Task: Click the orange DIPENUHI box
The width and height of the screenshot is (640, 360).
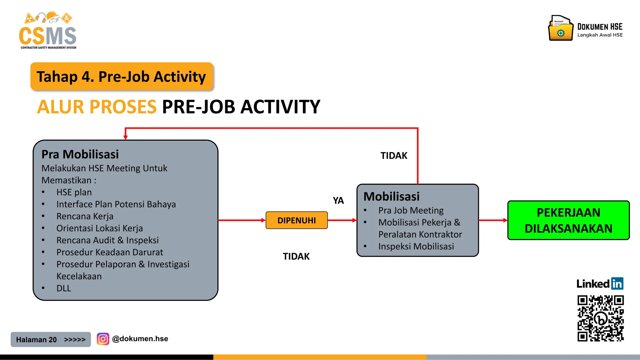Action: pos(297,220)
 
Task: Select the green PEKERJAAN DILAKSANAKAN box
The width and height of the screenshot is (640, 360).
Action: pos(568,220)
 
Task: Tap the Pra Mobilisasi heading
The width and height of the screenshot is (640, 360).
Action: pos(80,154)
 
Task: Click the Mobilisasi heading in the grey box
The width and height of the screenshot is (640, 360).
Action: pos(391,197)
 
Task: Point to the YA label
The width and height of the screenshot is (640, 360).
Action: pos(338,201)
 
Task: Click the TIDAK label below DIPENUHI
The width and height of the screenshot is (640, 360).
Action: pos(296,257)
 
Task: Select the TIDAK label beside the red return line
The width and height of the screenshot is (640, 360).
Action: pos(394,156)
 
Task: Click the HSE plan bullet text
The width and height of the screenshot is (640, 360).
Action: pos(74,192)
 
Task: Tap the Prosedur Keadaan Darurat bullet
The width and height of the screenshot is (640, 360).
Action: pos(110,252)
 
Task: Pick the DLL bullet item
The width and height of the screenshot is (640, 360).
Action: pos(64,288)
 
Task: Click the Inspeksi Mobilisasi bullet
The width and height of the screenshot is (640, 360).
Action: pos(416,246)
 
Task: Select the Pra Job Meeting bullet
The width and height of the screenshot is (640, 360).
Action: pos(411,210)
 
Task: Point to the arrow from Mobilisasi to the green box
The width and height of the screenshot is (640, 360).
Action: pos(493,220)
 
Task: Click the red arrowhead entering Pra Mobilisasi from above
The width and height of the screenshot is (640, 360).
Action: pos(126,137)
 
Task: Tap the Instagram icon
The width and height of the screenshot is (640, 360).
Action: pos(103,339)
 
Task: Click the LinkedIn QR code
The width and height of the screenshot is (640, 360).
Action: pos(600,318)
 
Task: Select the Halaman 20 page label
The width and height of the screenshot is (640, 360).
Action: pos(36,340)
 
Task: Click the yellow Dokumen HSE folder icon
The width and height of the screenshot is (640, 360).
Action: pos(561,29)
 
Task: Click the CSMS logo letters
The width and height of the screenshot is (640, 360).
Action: pos(47,36)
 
